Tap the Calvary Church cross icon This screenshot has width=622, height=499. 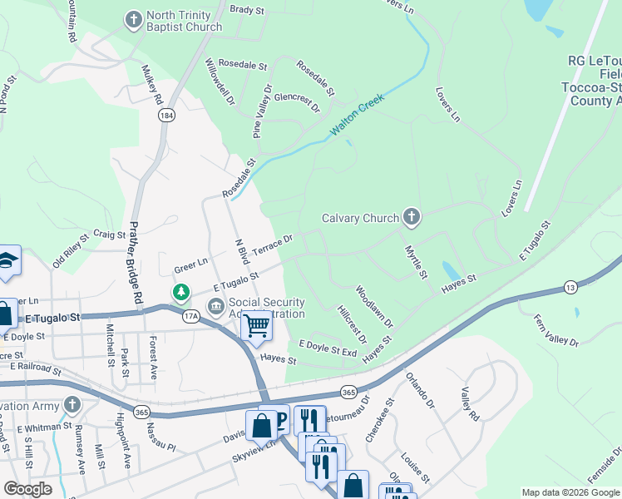pyautogui.click(x=410, y=218)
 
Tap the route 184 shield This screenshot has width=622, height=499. pyautogui.click(x=168, y=116)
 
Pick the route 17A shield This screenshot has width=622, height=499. pyautogui.click(x=190, y=316)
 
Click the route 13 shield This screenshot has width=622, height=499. pyautogui.click(x=570, y=287)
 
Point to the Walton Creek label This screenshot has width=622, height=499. pyautogui.click(x=358, y=121)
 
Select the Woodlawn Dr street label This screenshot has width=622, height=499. pyautogui.click(x=373, y=306)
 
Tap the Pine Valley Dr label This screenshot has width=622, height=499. pyautogui.click(x=261, y=111)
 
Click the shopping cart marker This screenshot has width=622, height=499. pyautogui.click(x=257, y=325)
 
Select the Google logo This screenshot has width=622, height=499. pyautogui.click(x=27, y=488)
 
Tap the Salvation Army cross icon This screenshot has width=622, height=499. pyautogui.click(x=72, y=405)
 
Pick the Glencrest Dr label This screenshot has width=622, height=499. pyautogui.click(x=297, y=101)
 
